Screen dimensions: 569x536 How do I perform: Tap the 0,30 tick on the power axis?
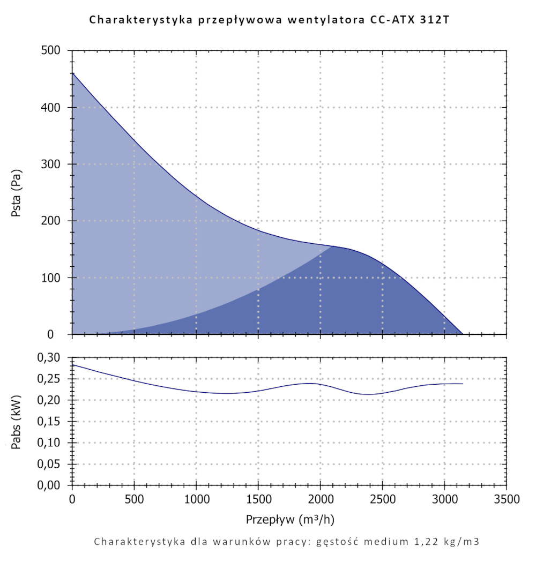click(53, 357)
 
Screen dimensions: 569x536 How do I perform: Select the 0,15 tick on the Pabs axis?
click(53, 421)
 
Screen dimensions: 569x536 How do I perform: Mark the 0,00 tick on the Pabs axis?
click(53, 485)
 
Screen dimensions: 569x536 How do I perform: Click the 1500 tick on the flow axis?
click(258, 500)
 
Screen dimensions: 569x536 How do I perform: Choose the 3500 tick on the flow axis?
click(507, 500)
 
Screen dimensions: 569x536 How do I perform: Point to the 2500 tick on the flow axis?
click(382, 500)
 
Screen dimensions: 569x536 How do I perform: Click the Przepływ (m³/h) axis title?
click(290, 519)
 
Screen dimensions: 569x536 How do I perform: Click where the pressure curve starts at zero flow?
click(72, 73)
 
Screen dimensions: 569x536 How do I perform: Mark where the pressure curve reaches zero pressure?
click(462, 334)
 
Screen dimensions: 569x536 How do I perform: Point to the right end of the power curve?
click(462, 384)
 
